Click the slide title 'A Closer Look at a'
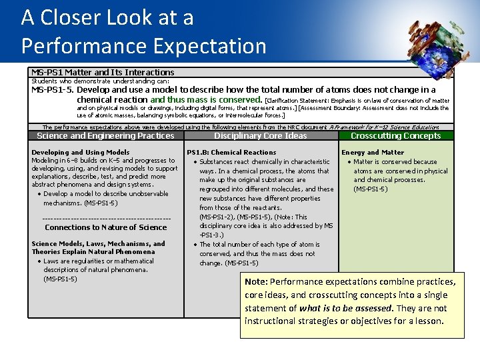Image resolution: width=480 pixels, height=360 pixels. pyautogui.click(x=107, y=17)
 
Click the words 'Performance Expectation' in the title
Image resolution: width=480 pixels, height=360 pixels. pyautogui.click(x=143, y=46)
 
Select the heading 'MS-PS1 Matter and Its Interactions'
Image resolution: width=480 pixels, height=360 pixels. pyautogui.click(x=103, y=72)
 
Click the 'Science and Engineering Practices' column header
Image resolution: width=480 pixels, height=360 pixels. pyautogui.click(x=105, y=135)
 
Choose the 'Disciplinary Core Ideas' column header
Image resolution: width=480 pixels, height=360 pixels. pyautogui.click(x=261, y=135)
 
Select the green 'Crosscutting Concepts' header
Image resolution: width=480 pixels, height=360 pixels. pyautogui.click(x=395, y=135)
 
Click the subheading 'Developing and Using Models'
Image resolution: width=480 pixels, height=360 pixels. pyautogui.click(x=81, y=152)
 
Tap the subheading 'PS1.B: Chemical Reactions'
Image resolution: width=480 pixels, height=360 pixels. pyautogui.click(x=231, y=152)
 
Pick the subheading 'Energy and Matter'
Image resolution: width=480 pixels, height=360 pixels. pyautogui.click(x=373, y=152)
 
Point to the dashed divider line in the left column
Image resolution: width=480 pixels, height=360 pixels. pyautogui.click(x=106, y=218)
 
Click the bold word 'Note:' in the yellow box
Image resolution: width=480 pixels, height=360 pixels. pyautogui.click(x=257, y=281)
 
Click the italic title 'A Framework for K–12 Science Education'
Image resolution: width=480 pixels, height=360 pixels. pyautogui.click(x=384, y=127)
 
